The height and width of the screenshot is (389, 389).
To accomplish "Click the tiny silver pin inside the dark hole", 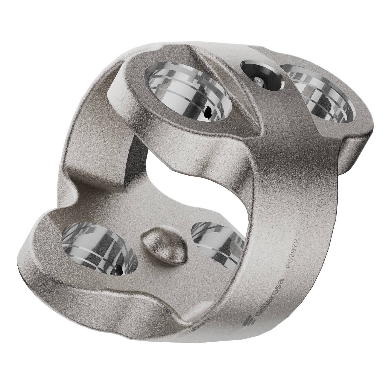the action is click(258, 80).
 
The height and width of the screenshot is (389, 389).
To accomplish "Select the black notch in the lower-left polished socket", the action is click(119, 269).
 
